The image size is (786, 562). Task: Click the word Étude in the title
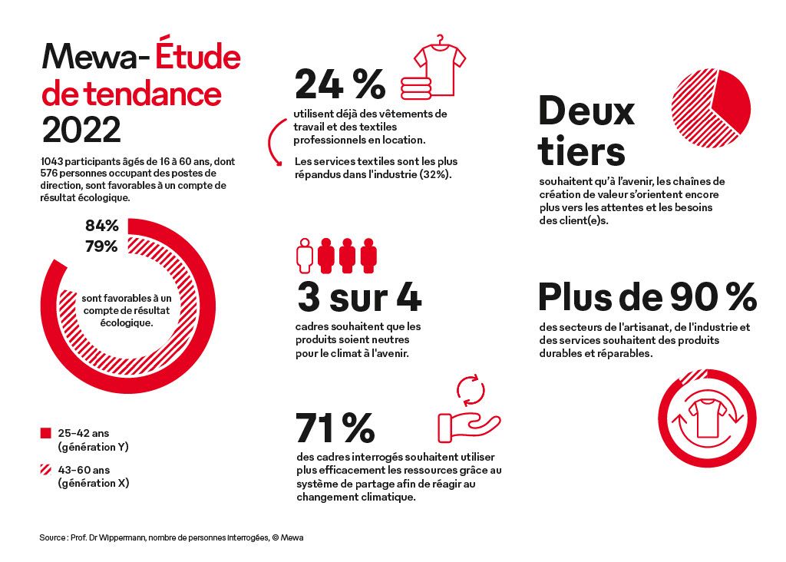pyautogui.click(x=198, y=57)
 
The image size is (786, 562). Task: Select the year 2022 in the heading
pyautogui.click(x=81, y=130)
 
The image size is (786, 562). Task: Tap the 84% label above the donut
pyautogui.click(x=101, y=226)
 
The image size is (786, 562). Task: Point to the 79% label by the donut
pyautogui.click(x=101, y=246)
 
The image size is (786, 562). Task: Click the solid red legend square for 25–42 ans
pyautogui.click(x=45, y=434)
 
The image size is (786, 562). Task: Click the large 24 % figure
pyautogui.click(x=339, y=84)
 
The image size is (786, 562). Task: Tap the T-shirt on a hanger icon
pyautogui.click(x=440, y=64)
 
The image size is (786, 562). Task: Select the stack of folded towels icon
pyautogui.click(x=415, y=88)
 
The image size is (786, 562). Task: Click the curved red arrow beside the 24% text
pyautogui.click(x=275, y=139)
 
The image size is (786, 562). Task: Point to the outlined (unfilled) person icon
pyautogui.click(x=305, y=254)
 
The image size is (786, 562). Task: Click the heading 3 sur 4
pyautogui.click(x=358, y=298)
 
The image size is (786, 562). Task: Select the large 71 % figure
pyautogui.click(x=335, y=428)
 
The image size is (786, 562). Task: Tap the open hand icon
pyautogui.click(x=469, y=427)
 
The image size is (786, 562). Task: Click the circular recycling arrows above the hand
pyautogui.click(x=472, y=389)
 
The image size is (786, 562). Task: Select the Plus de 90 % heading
pyautogui.click(x=647, y=296)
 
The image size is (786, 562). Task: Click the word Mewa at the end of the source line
pyautogui.click(x=292, y=537)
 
